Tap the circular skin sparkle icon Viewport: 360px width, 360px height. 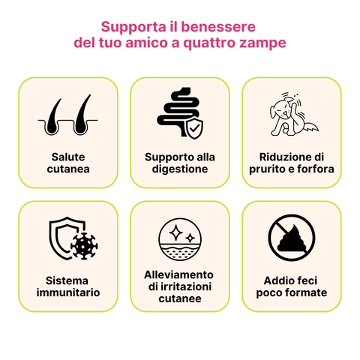pyautogui.click(x=179, y=239)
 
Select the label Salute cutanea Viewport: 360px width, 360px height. pyautogui.click(x=68, y=163)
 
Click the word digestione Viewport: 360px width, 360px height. pyautogui.click(x=179, y=169)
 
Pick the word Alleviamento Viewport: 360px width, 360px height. pyautogui.click(x=179, y=274)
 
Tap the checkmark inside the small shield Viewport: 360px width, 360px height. pyautogui.click(x=193, y=129)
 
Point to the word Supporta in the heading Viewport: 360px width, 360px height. pyautogui.click(x=127, y=26)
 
